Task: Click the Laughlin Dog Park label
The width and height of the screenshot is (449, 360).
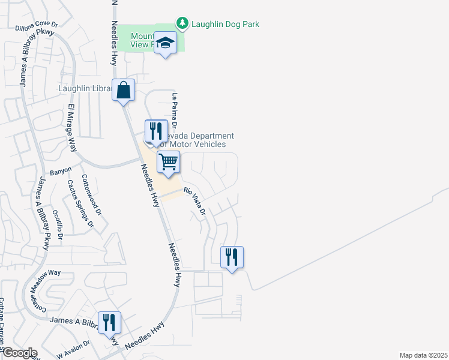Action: pyautogui.click(x=225, y=25)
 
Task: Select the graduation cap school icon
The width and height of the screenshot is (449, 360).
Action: pyautogui.click(x=165, y=43)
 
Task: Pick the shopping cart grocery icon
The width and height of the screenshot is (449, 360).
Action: pyautogui.click(x=169, y=162)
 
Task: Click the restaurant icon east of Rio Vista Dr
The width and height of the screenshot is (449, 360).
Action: pyautogui.click(x=232, y=257)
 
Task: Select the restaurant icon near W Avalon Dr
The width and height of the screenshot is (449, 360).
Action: pyautogui.click(x=109, y=323)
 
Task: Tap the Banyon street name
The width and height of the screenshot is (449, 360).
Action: pyautogui.click(x=61, y=171)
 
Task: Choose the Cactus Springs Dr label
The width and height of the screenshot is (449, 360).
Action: pyautogui.click(x=80, y=204)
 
